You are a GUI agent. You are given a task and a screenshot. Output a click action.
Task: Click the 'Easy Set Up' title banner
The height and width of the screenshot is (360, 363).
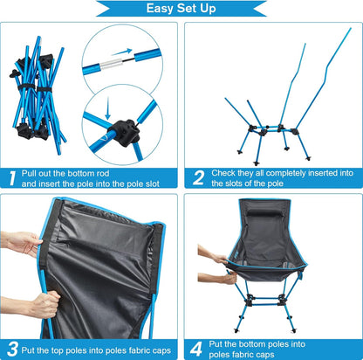coord(181,10)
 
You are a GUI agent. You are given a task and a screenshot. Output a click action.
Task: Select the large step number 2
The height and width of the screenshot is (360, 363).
coord(199,179)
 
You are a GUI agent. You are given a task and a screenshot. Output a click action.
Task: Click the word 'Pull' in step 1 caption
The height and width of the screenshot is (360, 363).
coord(35,173)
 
